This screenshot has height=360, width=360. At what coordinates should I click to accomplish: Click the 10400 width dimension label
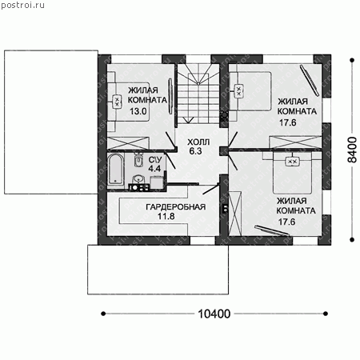point(214,314)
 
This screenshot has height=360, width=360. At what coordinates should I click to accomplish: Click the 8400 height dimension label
point(352,150)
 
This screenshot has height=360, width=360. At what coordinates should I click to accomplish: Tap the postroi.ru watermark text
point(22,5)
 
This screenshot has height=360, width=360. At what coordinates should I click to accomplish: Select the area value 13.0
point(138,111)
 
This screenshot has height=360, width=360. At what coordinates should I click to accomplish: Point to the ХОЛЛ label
point(198,142)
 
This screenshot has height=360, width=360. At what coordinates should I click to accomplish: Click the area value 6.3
point(195,151)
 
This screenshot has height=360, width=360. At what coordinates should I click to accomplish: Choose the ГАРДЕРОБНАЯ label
point(176,207)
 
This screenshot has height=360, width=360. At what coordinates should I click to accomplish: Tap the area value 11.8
point(166,216)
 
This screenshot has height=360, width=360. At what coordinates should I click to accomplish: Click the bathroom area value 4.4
point(154,169)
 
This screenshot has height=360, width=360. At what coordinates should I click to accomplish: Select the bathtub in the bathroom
point(116,170)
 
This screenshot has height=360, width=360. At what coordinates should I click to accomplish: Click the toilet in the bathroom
point(138,159)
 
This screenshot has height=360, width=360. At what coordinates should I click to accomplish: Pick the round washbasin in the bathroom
point(138,179)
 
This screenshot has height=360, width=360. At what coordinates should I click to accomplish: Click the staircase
point(198,94)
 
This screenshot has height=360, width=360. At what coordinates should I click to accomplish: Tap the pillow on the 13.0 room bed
point(117,102)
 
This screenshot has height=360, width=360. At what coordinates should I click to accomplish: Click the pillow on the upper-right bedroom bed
point(238,91)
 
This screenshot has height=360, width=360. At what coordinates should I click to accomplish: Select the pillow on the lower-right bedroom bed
point(293,162)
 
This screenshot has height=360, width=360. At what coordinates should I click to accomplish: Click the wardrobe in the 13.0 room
point(128,143)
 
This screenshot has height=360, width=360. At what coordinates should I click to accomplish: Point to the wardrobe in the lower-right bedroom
point(235,214)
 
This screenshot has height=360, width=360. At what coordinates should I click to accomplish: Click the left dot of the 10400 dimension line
point(103,314)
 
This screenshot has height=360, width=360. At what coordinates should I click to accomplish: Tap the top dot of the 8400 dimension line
point(352,61)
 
